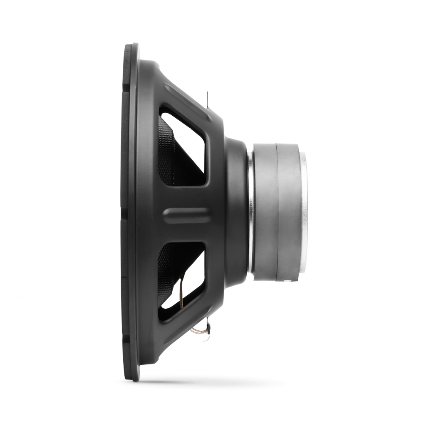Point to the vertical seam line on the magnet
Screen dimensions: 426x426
[275, 208]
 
